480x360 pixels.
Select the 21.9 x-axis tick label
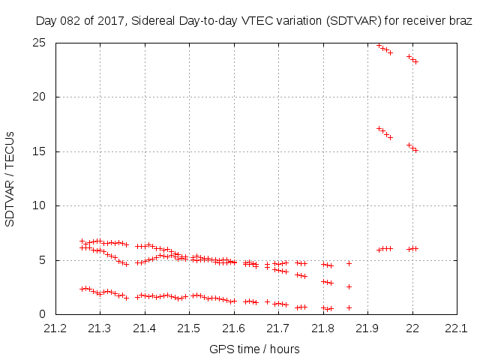[x=367, y=328]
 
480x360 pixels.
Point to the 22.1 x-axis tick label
[x=456, y=328]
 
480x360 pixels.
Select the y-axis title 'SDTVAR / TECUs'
[x=10, y=178]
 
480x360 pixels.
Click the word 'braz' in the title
[x=460, y=22]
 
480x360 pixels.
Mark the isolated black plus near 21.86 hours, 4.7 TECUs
[x=349, y=263]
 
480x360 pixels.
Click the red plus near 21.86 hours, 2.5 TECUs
[x=349, y=286]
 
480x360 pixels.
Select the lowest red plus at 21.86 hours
[x=349, y=307]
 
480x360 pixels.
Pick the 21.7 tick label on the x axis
[x=278, y=328]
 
